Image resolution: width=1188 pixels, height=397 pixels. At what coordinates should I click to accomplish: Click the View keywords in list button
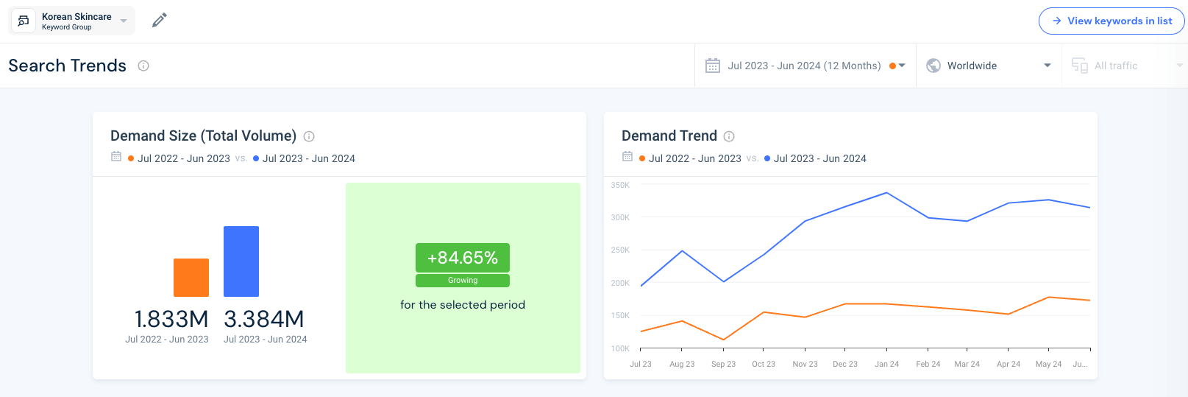(x=1111, y=21)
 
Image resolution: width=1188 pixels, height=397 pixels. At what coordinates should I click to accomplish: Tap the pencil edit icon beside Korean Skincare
(x=159, y=21)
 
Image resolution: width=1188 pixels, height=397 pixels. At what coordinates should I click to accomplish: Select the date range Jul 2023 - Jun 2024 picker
(x=805, y=66)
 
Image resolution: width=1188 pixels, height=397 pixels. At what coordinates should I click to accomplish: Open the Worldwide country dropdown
(x=988, y=66)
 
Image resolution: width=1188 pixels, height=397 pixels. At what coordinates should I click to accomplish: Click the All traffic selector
(x=1124, y=66)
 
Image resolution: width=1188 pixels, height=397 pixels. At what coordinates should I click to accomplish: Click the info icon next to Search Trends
(x=143, y=66)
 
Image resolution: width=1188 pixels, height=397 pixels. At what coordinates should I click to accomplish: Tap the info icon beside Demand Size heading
(x=309, y=136)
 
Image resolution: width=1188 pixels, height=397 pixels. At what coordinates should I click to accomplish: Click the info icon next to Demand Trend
(x=729, y=136)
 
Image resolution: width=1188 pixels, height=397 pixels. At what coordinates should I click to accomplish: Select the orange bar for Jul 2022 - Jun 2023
(x=191, y=278)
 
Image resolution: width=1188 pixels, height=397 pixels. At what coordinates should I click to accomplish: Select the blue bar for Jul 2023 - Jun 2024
(x=241, y=261)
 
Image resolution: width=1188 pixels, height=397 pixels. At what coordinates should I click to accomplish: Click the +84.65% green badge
(x=462, y=258)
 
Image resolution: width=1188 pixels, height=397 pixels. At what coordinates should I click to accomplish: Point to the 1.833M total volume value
(x=171, y=319)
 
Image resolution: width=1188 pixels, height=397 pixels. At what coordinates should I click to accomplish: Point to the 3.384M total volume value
(x=264, y=319)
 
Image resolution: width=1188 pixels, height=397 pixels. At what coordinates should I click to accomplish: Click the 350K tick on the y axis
(x=620, y=185)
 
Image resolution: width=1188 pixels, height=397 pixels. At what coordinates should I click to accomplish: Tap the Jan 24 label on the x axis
(x=886, y=364)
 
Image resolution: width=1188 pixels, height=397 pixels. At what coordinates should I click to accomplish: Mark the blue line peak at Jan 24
(x=887, y=193)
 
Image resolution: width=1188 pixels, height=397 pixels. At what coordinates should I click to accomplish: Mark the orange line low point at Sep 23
(x=724, y=340)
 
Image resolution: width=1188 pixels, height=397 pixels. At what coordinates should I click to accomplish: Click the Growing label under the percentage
(x=462, y=281)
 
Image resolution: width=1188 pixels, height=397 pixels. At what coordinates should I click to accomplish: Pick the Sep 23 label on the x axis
(x=723, y=364)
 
